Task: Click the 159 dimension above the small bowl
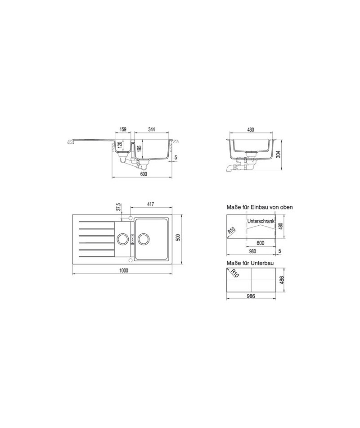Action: click(x=123, y=129)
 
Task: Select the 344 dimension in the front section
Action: click(x=151, y=129)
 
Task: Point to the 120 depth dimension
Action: click(x=119, y=145)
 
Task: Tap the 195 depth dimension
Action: click(x=139, y=149)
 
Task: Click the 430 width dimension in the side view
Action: click(x=250, y=130)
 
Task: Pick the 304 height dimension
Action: click(x=279, y=155)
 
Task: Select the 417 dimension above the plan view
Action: click(x=150, y=204)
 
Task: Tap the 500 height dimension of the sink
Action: click(x=178, y=237)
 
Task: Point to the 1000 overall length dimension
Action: click(x=124, y=270)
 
